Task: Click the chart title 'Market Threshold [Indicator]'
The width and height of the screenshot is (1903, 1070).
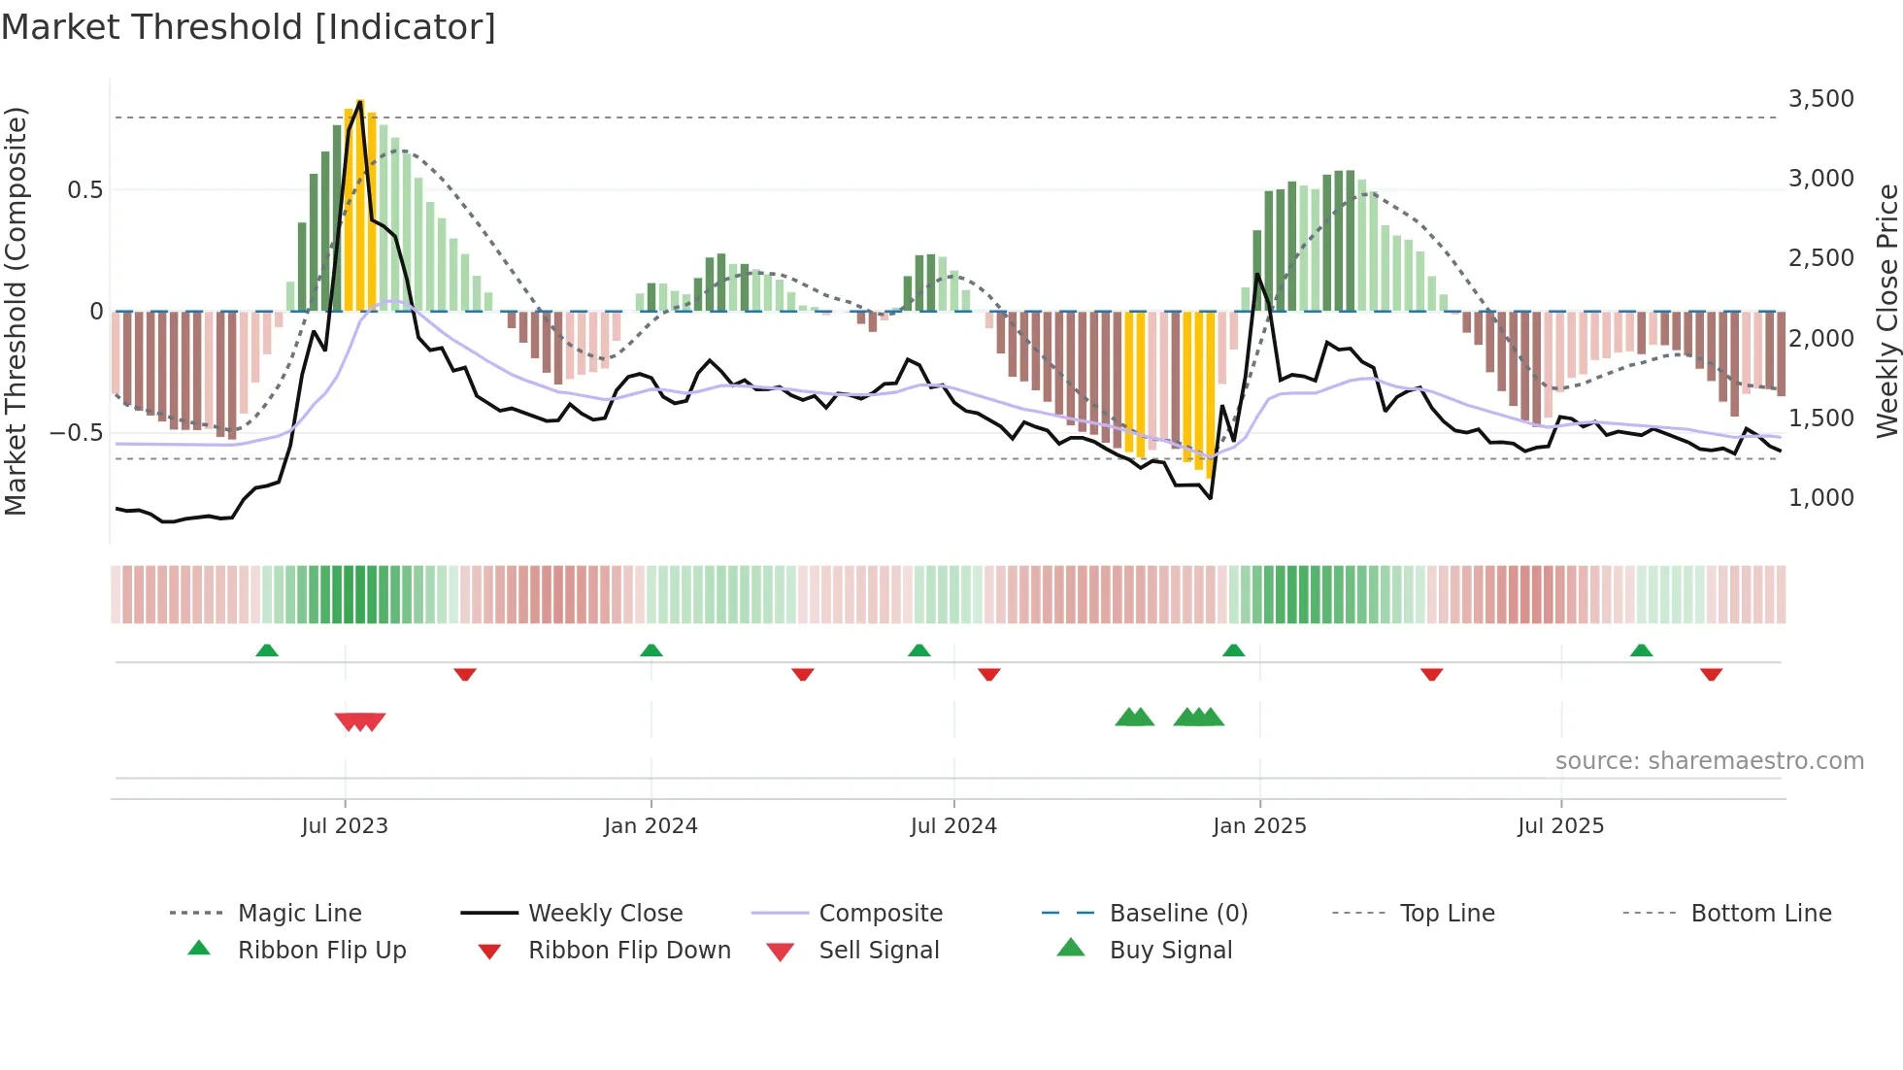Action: click(x=249, y=27)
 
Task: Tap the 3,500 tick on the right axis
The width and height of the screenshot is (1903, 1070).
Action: click(x=1820, y=99)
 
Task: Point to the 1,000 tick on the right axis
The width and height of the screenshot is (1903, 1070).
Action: click(x=1820, y=498)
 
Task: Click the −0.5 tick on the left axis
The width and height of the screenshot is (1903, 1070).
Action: click(x=76, y=433)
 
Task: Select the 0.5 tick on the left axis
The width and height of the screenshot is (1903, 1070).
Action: click(x=84, y=190)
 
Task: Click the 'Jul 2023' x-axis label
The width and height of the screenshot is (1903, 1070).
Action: click(x=345, y=826)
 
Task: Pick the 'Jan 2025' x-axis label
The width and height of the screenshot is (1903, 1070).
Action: click(x=1259, y=826)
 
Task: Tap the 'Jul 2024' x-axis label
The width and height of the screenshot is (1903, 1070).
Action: click(x=953, y=826)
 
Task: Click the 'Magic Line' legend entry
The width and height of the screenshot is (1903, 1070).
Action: click(x=299, y=914)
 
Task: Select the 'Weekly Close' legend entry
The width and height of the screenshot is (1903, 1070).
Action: click(x=605, y=914)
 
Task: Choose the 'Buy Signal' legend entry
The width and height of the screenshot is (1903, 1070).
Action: click(x=1170, y=951)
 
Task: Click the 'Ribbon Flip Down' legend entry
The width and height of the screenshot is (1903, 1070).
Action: click(x=629, y=951)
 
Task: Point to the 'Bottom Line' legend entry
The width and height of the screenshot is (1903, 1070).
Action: click(x=1760, y=914)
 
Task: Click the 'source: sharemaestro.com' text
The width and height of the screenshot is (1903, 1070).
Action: click(x=1709, y=761)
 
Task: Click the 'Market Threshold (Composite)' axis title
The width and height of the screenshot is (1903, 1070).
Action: click(x=16, y=311)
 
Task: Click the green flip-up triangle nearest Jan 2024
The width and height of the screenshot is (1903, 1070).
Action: click(x=651, y=651)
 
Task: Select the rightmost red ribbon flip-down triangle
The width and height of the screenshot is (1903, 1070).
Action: click(x=1711, y=674)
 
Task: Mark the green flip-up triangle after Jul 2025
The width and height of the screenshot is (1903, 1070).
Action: click(x=1641, y=651)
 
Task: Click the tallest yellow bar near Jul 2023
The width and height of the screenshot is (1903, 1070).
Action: click(x=360, y=204)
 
